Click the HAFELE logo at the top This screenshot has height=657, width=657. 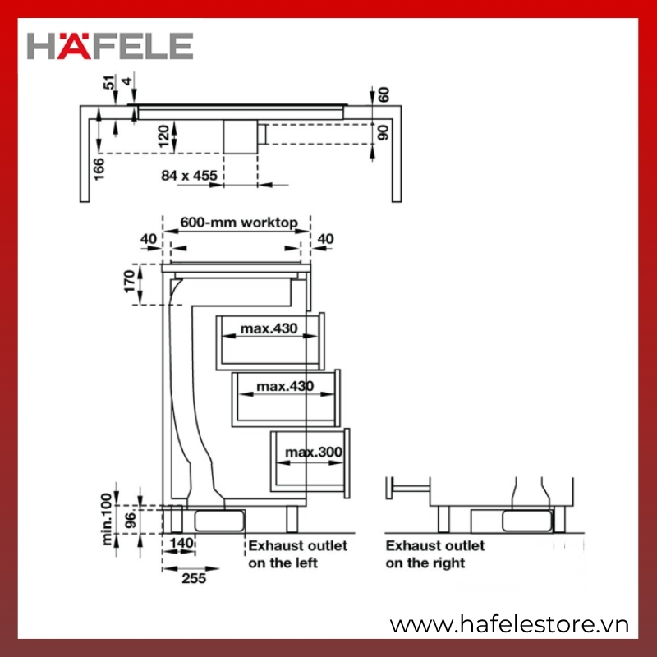pos(110,46)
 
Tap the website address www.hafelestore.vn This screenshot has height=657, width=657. pos(509,625)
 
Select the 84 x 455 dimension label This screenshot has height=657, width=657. pos(190,175)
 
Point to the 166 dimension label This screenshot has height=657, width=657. pos(99,169)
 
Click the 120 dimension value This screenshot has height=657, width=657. pos(163,136)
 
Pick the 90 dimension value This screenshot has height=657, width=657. pos(383,132)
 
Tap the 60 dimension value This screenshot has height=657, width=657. pos(383,94)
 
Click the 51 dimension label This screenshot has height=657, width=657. pos(109,82)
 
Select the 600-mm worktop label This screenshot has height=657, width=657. pos(239,222)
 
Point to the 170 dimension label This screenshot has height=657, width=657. pos(130,282)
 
